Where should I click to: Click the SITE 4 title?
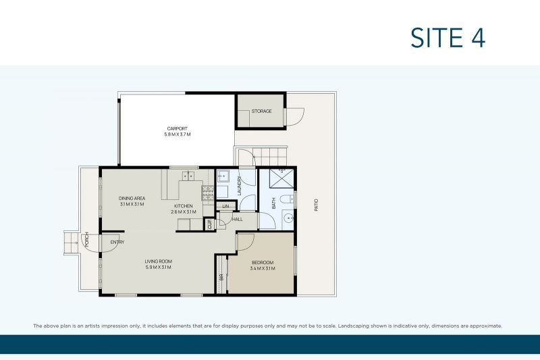(x=448, y=38)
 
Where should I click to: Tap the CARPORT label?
(x=178, y=128)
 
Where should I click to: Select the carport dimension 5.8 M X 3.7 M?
(x=178, y=135)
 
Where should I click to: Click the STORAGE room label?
(x=261, y=111)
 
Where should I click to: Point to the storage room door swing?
(x=293, y=117)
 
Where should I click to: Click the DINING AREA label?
(x=132, y=198)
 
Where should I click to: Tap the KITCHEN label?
(x=183, y=206)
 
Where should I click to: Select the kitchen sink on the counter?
(x=188, y=176)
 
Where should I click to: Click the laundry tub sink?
(x=224, y=177)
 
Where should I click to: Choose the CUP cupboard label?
(x=209, y=224)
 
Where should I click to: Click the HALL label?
(x=237, y=220)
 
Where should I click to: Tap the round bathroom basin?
(x=288, y=218)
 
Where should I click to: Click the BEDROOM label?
(x=262, y=262)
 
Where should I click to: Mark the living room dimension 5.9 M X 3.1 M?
(x=159, y=268)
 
